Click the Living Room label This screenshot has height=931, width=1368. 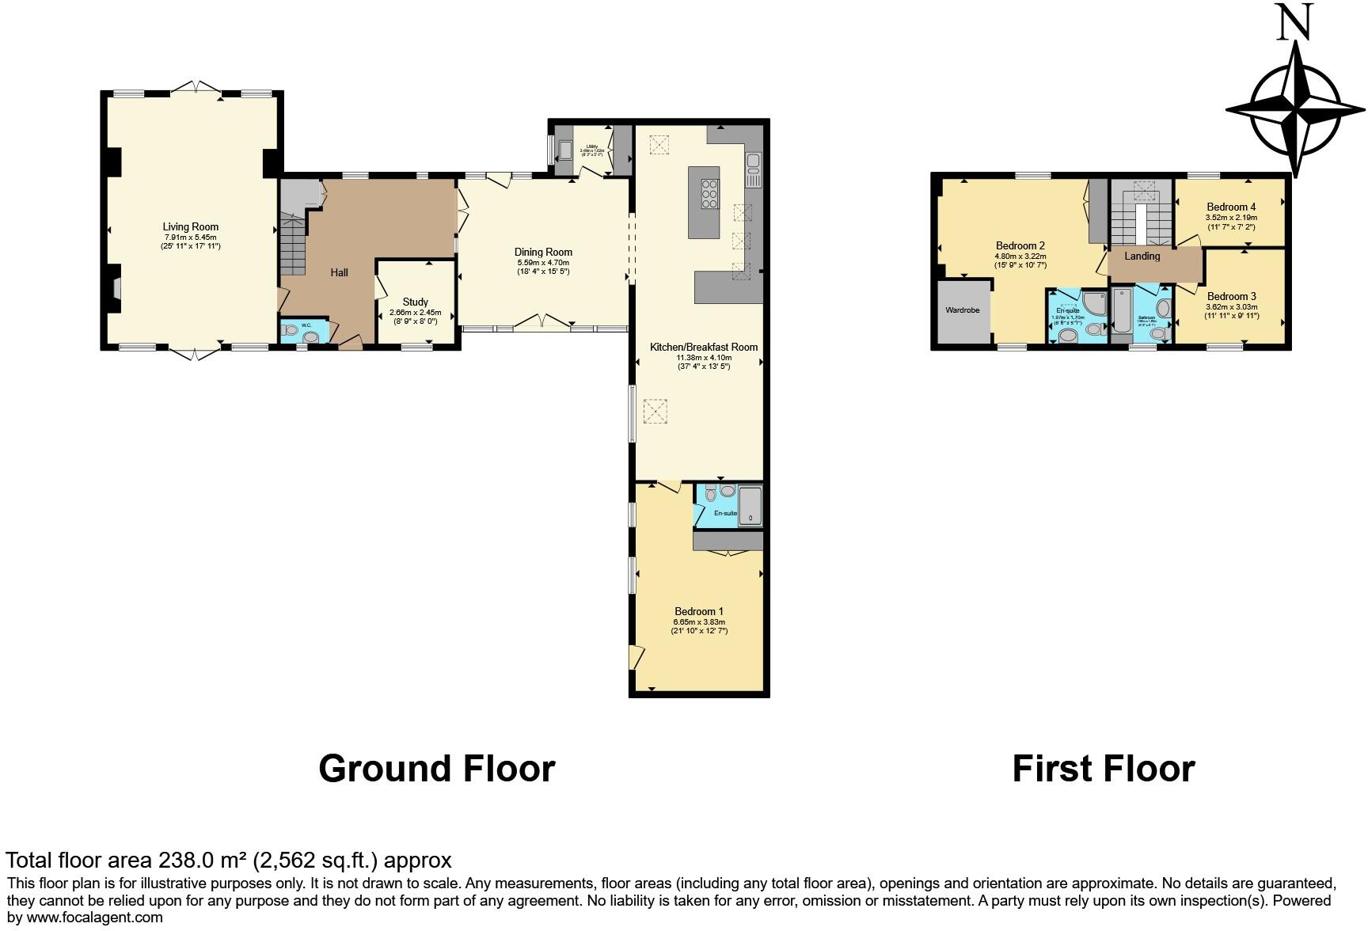[190, 226]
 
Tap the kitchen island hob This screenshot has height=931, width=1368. [709, 194]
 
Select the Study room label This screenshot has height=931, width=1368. [415, 302]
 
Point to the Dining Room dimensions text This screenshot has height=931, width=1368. [542, 267]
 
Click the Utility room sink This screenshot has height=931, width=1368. [565, 150]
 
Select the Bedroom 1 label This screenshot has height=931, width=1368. [699, 611]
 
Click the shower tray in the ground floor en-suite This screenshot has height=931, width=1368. [750, 507]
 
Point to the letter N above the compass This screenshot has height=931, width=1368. [1295, 23]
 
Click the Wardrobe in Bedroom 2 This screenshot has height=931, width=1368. [963, 310]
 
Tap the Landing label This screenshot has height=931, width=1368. [1142, 256]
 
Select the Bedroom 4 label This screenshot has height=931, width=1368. [1231, 207]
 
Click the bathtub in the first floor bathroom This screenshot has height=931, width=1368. [1122, 310]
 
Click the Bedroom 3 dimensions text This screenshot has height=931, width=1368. [1231, 311]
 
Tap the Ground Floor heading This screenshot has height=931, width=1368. [436, 769]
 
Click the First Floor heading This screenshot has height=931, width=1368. [1103, 769]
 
